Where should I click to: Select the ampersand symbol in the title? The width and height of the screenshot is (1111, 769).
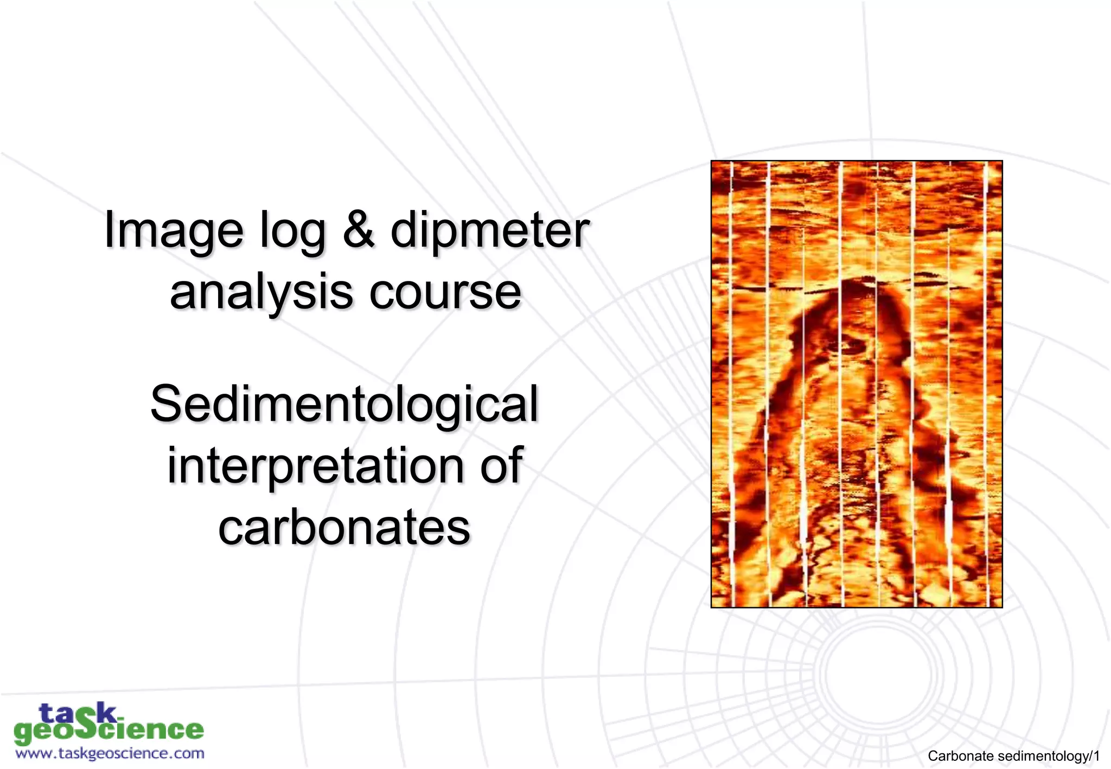coord(359,230)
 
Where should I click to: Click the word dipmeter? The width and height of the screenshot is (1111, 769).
coord(490,231)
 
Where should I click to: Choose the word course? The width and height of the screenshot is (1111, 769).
coord(445,293)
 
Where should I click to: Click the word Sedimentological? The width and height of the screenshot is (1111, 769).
coord(344,403)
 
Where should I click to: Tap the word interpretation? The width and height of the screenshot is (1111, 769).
coord(315,465)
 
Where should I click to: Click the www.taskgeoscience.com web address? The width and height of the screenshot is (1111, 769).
coord(110,753)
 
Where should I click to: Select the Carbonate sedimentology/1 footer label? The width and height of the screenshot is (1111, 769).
coord(1013,756)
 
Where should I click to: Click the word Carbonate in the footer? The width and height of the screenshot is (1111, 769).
coord(961,756)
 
